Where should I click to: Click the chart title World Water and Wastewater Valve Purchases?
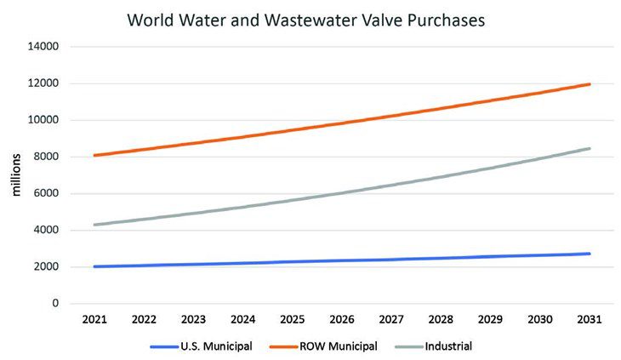[x=305, y=19]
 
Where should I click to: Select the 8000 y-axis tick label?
[x=44, y=157]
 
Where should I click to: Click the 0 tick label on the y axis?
[x=55, y=303]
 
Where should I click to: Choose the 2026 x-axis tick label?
[x=341, y=320]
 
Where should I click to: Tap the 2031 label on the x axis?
[x=589, y=320]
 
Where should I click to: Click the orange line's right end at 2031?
[x=589, y=84]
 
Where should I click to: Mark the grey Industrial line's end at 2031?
[x=589, y=149]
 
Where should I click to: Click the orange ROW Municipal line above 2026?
[x=341, y=123]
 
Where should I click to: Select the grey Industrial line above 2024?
[x=242, y=206]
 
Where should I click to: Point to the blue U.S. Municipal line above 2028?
[x=440, y=258]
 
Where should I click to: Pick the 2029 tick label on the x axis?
[x=490, y=320]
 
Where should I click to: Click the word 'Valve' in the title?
[x=362, y=19]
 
